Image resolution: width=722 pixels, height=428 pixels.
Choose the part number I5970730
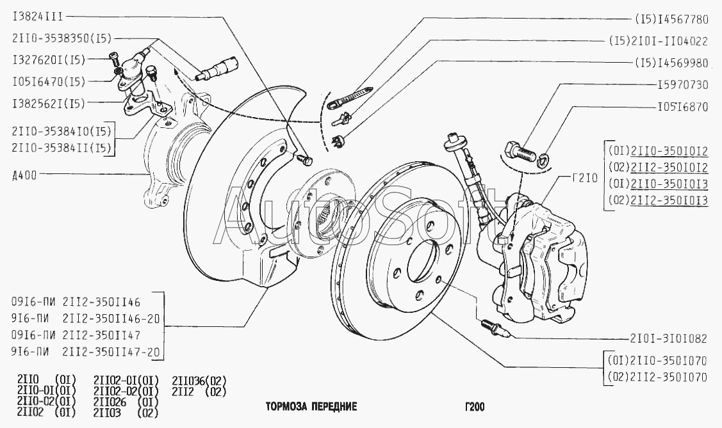point(683,84)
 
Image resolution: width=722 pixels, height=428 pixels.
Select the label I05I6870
point(683,107)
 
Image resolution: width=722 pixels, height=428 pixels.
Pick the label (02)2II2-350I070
point(657,377)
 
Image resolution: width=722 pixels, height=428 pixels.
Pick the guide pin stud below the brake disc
point(495,328)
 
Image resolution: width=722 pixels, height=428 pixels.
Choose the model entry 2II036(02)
point(199,380)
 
